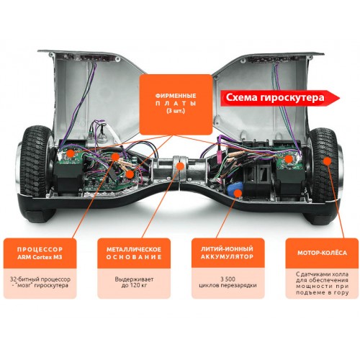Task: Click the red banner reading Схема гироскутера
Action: pos(280,98)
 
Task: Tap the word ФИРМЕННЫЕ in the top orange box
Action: pos(176,96)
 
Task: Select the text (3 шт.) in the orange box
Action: pos(176,111)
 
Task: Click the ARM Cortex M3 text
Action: pos(40,257)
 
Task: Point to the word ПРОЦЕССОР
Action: pos(40,249)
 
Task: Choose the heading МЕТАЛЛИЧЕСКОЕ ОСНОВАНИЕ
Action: pos(134,253)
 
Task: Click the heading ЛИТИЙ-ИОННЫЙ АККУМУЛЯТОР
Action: pos(227,253)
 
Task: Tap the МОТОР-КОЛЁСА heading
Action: pos(322,253)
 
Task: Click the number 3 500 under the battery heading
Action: pos(228,279)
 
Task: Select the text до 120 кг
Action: pos(134,285)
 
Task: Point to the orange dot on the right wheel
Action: pos(327,161)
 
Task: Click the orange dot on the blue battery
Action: pos(238,192)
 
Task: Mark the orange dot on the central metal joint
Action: pos(180,166)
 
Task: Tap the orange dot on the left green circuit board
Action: pos(71,153)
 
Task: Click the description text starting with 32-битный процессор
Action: pos(40,282)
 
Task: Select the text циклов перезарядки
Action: pos(228,285)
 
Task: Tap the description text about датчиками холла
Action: pos(322,283)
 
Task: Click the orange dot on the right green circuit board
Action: pos(289,158)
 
